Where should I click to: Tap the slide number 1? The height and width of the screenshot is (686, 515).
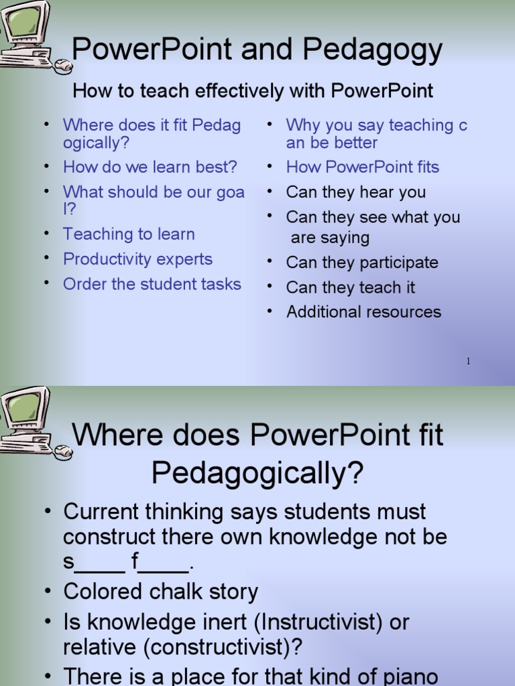pyautogui.click(x=468, y=361)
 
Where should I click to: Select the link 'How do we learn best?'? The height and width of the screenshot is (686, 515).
pyautogui.click(x=150, y=167)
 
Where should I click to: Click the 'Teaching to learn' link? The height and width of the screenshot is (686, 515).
pyautogui.click(x=129, y=234)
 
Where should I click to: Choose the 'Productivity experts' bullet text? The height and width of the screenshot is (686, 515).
pyautogui.click(x=138, y=259)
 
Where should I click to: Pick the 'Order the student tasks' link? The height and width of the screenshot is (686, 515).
pyautogui.click(x=152, y=284)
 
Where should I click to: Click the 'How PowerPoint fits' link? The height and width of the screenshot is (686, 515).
pyautogui.click(x=363, y=167)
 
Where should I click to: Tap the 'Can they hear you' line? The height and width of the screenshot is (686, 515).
pyautogui.click(x=355, y=192)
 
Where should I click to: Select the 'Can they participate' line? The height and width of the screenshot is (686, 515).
pyautogui.click(x=362, y=263)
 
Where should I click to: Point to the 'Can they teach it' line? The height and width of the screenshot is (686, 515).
pyautogui.click(x=350, y=287)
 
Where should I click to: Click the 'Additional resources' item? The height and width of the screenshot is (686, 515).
pyautogui.click(x=364, y=312)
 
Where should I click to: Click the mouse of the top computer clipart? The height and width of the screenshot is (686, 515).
pyautogui.click(x=63, y=66)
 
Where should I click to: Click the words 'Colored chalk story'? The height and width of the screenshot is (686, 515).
pyautogui.click(x=161, y=592)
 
